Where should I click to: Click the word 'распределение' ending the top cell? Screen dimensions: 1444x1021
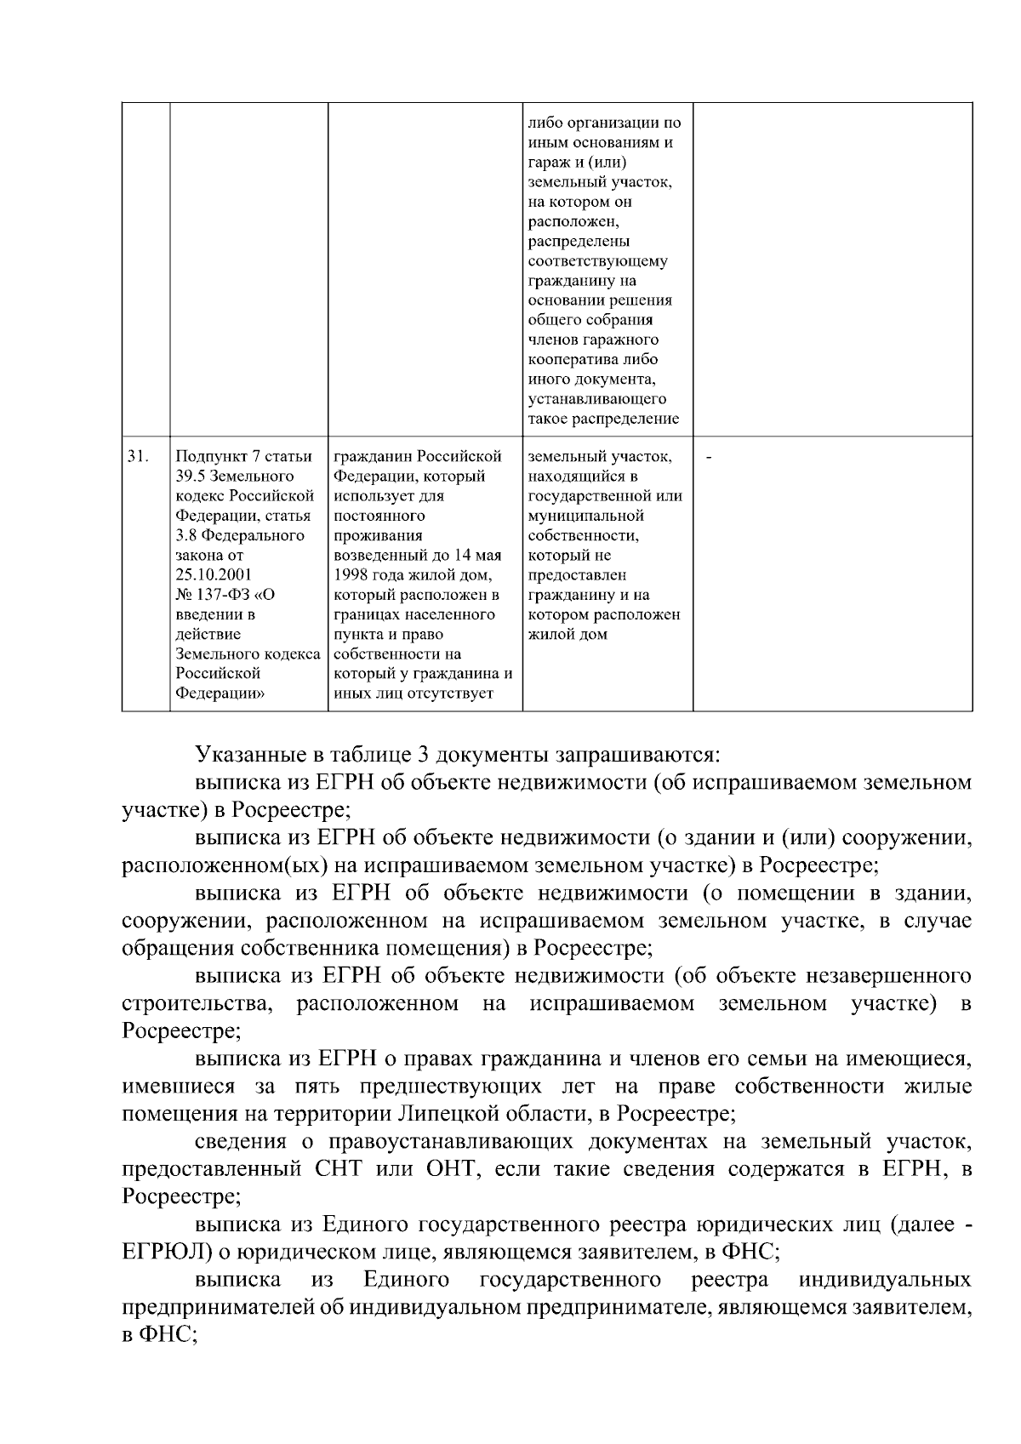point(628,419)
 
